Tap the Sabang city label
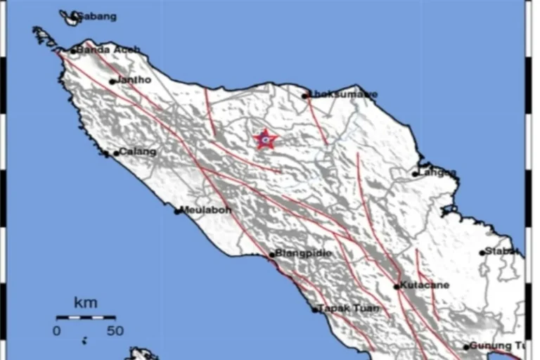tap(96, 16)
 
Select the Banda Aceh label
tap(109, 50)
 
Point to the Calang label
tap(138, 151)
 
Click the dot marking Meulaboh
tap(178, 210)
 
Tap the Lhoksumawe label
tap(344, 94)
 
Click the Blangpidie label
tap(304, 253)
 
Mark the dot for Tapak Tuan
tap(315, 309)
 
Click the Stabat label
tap(503, 251)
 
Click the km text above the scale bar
tap(85, 303)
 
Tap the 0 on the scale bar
tap(56, 330)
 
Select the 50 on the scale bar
tap(115, 330)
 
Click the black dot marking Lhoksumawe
tap(306, 96)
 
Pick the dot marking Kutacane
tap(397, 286)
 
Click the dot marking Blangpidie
tap(272, 255)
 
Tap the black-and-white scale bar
tap(86, 318)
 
